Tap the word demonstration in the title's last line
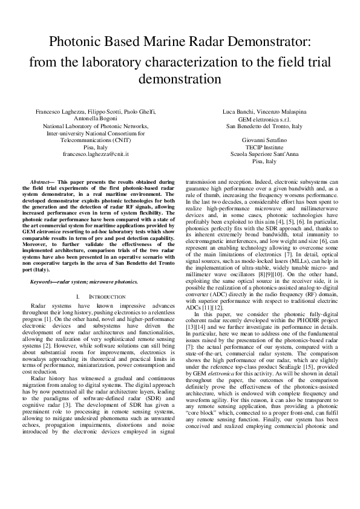pos(180,80)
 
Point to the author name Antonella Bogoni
pos(96,119)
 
